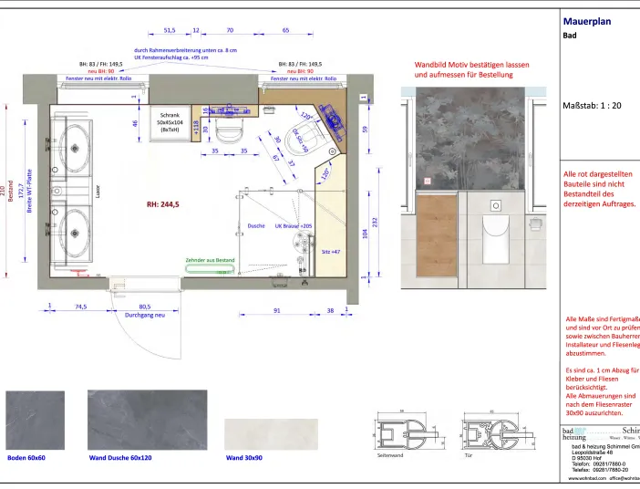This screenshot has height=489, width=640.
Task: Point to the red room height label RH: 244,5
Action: click(162, 204)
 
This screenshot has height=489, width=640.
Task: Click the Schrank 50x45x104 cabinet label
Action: click(170, 123)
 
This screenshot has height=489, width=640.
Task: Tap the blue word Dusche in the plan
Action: click(256, 225)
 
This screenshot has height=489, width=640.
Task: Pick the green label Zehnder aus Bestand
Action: click(210, 260)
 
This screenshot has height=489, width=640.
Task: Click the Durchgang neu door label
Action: click(144, 317)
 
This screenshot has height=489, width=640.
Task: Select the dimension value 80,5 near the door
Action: click(144, 307)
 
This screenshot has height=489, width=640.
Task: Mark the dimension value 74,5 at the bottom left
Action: click(80, 307)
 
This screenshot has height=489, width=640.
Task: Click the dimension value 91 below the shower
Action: click(277, 310)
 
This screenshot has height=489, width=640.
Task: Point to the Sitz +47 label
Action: click(330, 250)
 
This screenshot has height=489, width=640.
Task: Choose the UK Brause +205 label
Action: click(294, 225)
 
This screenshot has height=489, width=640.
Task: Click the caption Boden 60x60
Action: click(26, 457)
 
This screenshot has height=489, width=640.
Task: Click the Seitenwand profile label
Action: click(389, 453)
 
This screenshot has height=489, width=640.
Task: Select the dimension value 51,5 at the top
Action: click(170, 30)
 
